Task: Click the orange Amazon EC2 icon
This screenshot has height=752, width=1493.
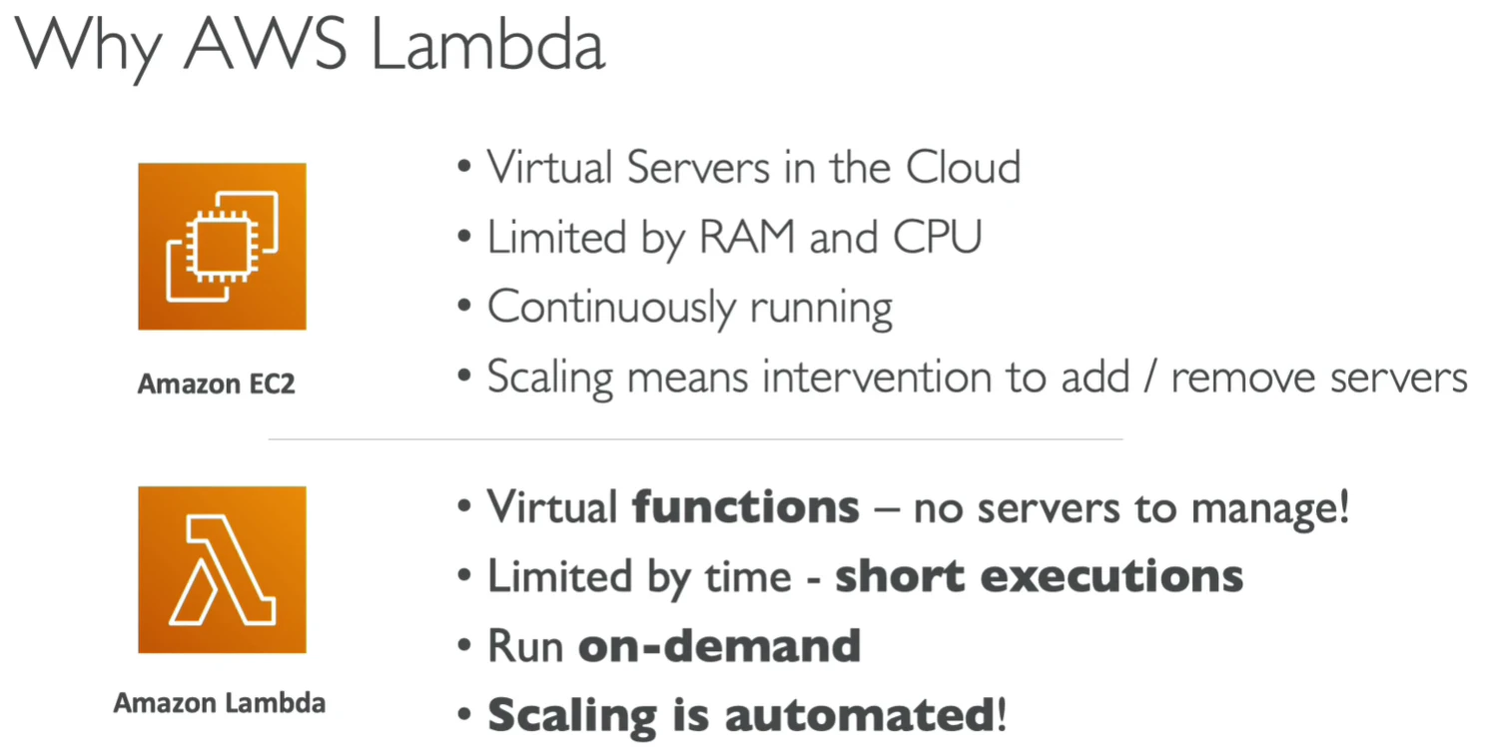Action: click(222, 246)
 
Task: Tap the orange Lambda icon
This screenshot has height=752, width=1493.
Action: click(222, 569)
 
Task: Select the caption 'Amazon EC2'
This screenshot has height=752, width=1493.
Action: click(216, 384)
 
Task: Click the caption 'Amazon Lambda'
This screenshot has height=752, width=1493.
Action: click(220, 703)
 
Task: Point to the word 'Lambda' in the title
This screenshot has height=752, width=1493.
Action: click(488, 45)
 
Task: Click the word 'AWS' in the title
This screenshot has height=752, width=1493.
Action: click(265, 44)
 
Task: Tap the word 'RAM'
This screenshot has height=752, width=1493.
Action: click(747, 237)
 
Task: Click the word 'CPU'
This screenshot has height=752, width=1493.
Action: click(937, 237)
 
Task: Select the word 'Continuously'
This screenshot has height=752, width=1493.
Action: click(611, 308)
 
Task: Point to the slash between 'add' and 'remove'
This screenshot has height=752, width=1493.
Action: click(1149, 377)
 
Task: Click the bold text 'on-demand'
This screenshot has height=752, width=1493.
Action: click(720, 646)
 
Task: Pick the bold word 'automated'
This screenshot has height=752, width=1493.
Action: click(861, 715)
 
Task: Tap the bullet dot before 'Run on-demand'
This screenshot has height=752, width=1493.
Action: click(464, 645)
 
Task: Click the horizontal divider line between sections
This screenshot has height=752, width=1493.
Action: click(696, 439)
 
